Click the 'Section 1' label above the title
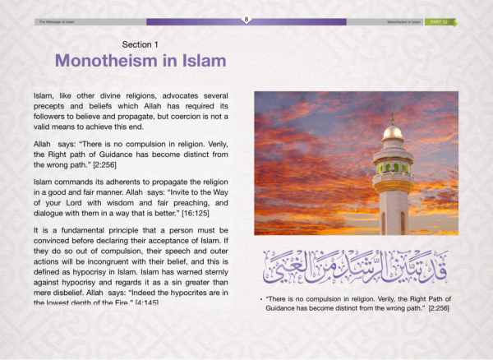click(x=141, y=44)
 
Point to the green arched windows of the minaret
click(x=392, y=168)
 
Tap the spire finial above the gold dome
click(x=393, y=117)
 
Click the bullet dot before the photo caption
click(x=260, y=297)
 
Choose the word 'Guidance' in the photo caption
click(x=284, y=307)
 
